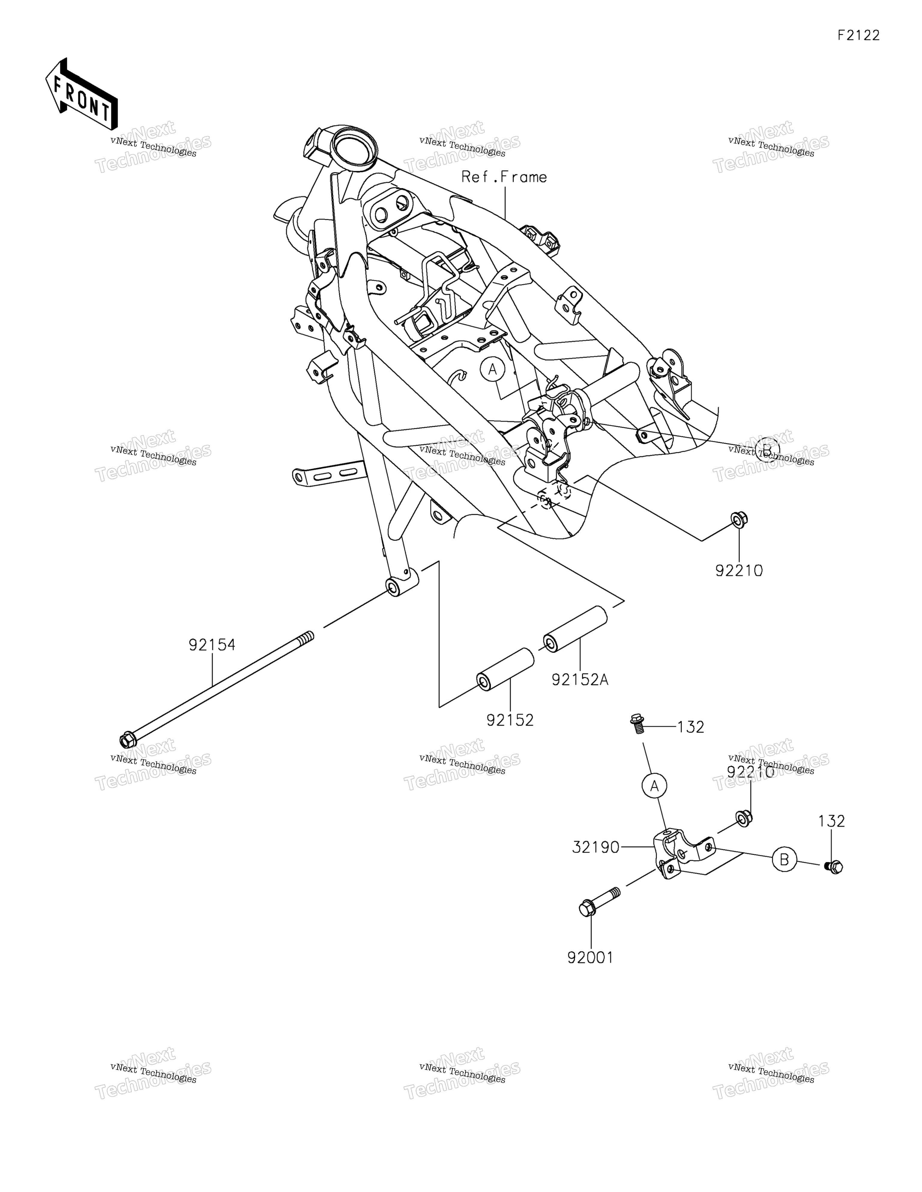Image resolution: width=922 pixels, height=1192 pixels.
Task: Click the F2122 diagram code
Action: pyautogui.click(x=859, y=35)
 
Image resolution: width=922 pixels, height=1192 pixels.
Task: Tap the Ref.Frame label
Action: pyautogui.click(x=504, y=177)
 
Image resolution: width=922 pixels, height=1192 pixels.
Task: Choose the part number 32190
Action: pyautogui.click(x=596, y=847)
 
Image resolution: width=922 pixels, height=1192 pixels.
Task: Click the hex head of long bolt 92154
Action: pyautogui.click(x=127, y=740)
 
